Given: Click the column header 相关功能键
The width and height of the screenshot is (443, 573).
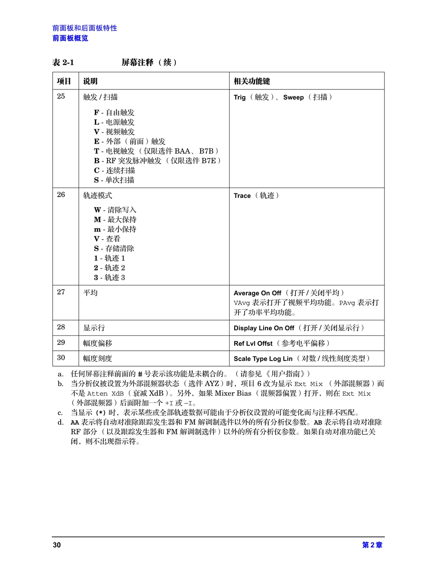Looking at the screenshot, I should coord(252,81).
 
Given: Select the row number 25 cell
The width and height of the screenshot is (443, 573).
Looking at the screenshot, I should coord(61,97).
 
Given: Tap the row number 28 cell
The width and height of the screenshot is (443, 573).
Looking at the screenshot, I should coord(61,327).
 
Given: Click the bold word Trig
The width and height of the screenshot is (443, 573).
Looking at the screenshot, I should coord(240,97).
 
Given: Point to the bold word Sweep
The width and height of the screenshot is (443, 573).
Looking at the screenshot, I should coord(293,97).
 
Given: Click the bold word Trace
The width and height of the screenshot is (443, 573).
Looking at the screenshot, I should coord(242,196).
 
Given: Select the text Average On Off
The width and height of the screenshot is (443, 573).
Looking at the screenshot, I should coord(257,293).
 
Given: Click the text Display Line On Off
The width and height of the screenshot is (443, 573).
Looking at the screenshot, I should coord(264,328).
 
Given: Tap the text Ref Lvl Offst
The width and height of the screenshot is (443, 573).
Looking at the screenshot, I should coord(253,344).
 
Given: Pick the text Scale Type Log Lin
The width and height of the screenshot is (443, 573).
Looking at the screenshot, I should coord(263,359).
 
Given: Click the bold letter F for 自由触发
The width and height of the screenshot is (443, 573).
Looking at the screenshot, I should coord(97,113).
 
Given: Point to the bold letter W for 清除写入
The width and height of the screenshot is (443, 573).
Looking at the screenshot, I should coord(97,210).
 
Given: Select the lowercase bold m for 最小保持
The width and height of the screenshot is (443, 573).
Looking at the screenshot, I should coord(97,229).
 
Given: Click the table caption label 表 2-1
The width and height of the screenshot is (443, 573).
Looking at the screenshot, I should coord(63,62).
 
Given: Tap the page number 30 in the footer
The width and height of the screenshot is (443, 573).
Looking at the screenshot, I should coord(57,545).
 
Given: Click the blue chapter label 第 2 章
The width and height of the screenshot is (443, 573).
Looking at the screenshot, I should coord(372,545).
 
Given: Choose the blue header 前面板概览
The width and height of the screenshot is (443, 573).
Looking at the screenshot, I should coord(70,39).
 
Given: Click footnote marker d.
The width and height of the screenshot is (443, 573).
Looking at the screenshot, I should coord(60,422).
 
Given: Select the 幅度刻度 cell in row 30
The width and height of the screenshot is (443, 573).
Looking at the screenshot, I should coord(97,359).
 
